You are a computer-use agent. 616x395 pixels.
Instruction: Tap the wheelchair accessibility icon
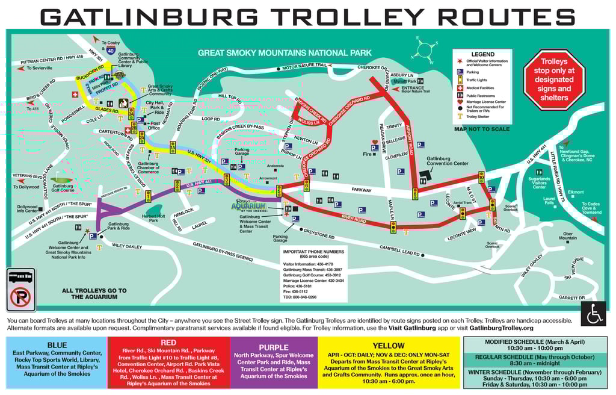coord(593,314)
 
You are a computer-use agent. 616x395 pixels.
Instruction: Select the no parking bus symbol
coord(20,290)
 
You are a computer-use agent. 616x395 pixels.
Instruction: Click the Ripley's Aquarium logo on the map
coord(249,206)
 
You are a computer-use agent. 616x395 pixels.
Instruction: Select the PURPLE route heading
coord(273,347)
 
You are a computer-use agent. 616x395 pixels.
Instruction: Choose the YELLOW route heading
coord(388,346)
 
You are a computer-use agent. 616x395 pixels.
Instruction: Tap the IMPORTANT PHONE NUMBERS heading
coord(313,252)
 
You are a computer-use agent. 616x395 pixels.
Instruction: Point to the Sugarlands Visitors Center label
coord(539,182)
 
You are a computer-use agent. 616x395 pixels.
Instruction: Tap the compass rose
coord(425,50)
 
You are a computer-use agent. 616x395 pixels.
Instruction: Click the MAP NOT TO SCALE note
coord(482,128)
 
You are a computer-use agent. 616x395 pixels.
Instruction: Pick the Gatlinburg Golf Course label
coord(62,188)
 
